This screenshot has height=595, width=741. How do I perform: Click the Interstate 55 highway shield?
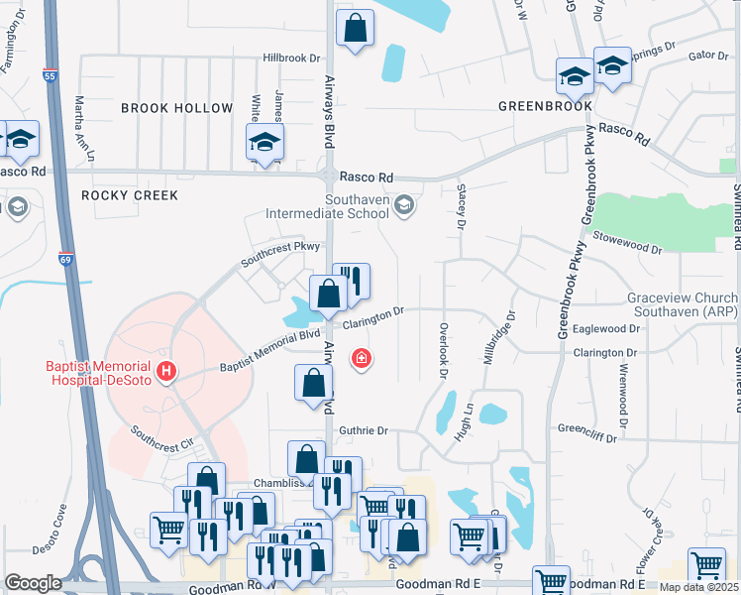point(51,74)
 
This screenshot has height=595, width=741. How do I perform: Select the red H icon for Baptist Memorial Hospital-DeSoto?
point(166,372)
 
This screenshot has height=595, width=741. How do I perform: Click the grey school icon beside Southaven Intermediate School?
point(402,205)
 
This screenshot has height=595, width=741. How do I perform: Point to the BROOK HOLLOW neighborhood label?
point(176,108)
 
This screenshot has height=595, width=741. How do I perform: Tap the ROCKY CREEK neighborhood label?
point(130,195)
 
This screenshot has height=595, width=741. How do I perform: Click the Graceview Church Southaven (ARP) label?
point(682,305)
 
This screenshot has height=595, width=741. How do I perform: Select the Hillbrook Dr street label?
point(292,59)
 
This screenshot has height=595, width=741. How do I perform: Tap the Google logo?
point(33,583)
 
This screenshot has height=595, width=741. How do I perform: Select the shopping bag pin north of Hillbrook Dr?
point(355,29)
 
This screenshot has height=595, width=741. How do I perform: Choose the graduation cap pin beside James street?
point(265,142)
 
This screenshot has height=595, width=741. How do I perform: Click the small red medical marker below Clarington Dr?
point(362,358)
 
